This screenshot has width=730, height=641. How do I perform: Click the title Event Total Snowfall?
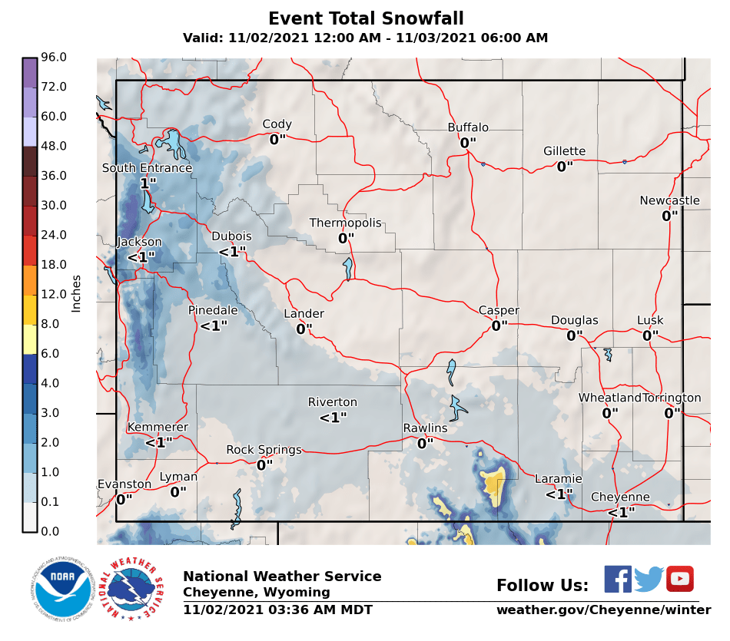366,18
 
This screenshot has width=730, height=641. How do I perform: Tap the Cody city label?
277,124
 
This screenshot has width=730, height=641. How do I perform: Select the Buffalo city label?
468,127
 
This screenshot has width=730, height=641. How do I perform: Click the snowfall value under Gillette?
565,167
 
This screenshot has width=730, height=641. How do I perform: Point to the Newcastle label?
669,201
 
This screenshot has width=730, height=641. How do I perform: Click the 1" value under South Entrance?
148,183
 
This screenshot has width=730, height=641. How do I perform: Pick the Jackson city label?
139,242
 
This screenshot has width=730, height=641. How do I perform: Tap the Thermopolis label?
345,223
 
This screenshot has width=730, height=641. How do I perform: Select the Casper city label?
499,310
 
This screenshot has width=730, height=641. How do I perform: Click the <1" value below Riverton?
333,418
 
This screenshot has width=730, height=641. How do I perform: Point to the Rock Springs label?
264,450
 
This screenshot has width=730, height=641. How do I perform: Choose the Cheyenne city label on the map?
620,497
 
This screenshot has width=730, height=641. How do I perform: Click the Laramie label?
559,479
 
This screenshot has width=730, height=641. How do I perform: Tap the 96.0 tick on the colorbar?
54,58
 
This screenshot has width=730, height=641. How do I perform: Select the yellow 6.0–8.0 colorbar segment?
30,339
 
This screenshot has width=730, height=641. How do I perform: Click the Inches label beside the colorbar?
76,293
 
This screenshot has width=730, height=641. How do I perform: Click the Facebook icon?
618,579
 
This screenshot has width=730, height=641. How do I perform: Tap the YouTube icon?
680,579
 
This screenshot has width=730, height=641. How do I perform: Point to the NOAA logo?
63,590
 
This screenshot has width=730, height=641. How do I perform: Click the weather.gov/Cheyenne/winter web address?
603,610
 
